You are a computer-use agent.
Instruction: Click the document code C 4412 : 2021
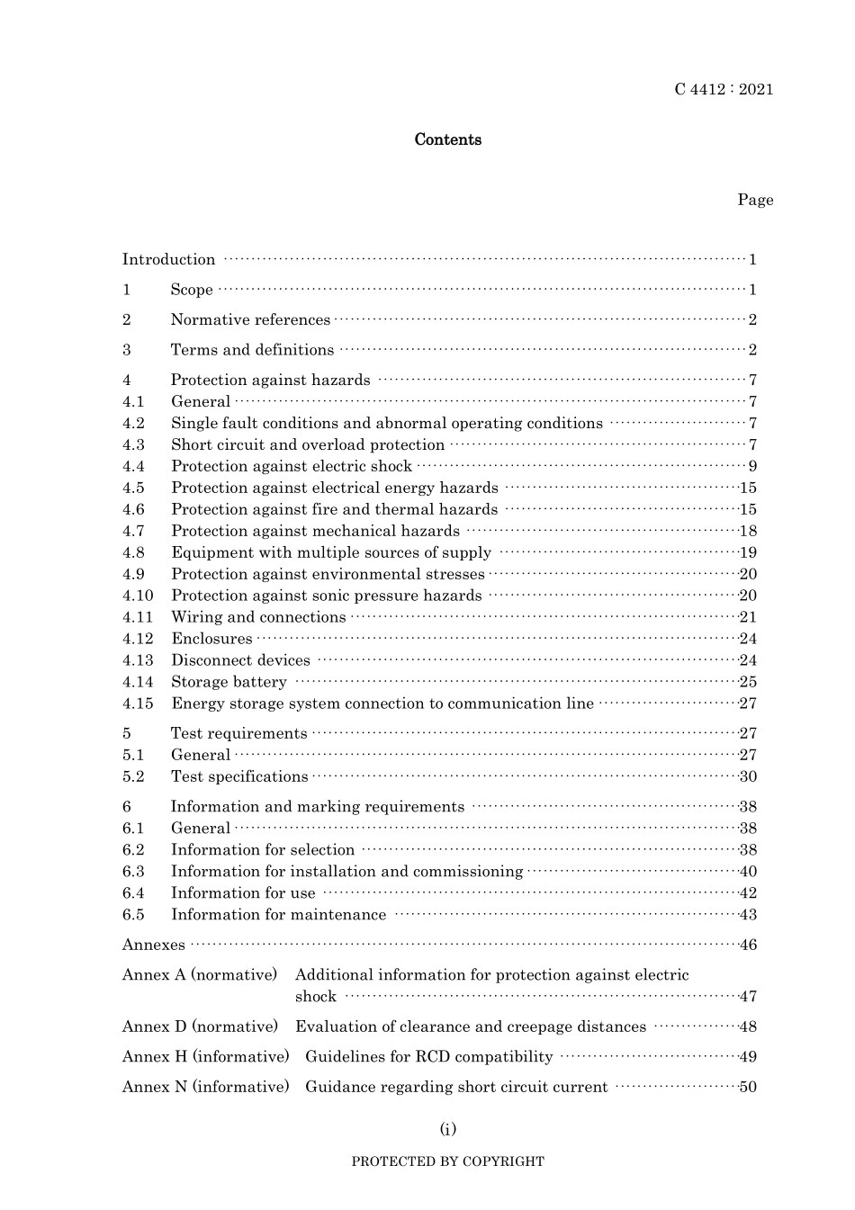[x=724, y=89]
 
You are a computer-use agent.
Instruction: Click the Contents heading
[x=447, y=139]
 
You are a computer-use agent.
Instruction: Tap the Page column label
[x=755, y=200]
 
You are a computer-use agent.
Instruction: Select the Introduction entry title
[x=169, y=260]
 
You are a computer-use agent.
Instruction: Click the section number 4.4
[x=133, y=466]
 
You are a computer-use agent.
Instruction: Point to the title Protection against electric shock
[x=292, y=466]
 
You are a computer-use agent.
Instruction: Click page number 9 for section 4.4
[x=752, y=466]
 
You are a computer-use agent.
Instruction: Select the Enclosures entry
[x=211, y=639]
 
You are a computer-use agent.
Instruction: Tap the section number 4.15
[x=138, y=704]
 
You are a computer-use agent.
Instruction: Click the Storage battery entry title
[x=229, y=682]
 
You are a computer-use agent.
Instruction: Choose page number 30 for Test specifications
[x=748, y=776]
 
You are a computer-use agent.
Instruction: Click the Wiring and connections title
[x=258, y=617]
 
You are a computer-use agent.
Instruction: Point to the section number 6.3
[x=133, y=871]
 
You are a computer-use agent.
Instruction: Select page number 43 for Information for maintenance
[x=748, y=915]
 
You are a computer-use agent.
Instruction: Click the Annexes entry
[x=154, y=945]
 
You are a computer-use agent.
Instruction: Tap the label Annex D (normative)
[x=201, y=1026]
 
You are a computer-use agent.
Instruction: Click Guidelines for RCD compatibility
[x=429, y=1057]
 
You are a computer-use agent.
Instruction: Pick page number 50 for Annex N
[x=748, y=1087]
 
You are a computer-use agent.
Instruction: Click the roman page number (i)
[x=447, y=1129]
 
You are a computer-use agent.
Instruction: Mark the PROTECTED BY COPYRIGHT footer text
[x=447, y=1161]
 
